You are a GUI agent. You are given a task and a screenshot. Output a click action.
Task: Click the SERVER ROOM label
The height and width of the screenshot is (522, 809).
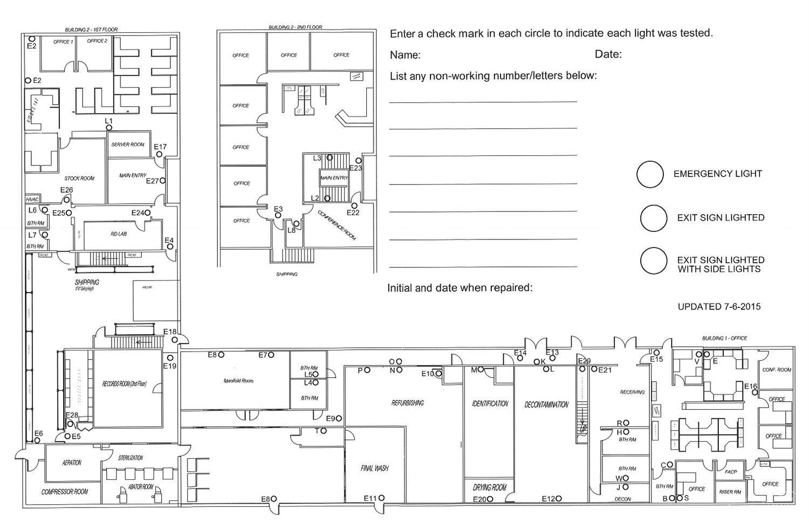tap(128, 145)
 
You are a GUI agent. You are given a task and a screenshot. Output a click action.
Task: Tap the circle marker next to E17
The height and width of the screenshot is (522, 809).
tap(160, 154)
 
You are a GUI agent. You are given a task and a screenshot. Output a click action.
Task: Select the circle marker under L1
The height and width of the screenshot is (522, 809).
tap(109, 128)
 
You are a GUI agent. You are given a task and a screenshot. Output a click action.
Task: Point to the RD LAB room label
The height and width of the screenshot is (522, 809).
tap(119, 234)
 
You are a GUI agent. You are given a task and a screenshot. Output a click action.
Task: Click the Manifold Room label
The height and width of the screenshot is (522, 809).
tap(238, 381)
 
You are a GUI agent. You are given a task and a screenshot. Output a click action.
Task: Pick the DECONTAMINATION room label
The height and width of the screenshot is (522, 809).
tap(546, 404)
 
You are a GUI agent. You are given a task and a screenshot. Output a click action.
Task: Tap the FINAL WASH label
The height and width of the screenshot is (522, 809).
tap(374, 468)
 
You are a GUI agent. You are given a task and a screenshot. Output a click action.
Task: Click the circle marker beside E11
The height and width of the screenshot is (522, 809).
tap(382, 498)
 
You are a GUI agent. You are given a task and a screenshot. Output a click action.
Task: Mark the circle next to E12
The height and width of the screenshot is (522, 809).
tap(559, 499)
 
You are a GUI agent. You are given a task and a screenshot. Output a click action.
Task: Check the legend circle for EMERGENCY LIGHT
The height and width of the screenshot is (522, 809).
tap(650, 174)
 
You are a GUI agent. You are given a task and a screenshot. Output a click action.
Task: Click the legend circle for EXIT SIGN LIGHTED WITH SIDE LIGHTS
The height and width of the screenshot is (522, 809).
tap(654, 261)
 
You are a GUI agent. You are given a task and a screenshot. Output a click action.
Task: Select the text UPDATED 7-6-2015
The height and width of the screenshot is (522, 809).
tap(719, 307)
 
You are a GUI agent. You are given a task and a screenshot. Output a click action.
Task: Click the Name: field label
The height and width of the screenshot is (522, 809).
tap(405, 55)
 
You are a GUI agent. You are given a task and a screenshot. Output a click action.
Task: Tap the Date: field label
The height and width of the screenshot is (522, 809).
tap(608, 54)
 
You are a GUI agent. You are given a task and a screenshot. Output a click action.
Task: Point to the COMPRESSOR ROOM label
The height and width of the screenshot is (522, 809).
tap(65, 492)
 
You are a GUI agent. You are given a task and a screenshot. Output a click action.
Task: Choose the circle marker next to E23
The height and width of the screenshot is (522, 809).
tap(359, 161)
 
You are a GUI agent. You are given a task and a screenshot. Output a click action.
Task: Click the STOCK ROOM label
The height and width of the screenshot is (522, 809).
tap(79, 178)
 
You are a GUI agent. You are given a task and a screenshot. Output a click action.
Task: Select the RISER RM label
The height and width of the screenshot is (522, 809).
tap(730, 492)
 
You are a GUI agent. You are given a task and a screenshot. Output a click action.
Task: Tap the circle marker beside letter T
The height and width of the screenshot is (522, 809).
tap(324, 431)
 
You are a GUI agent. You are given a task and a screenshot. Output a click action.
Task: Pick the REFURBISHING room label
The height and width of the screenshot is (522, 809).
tap(408, 403)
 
